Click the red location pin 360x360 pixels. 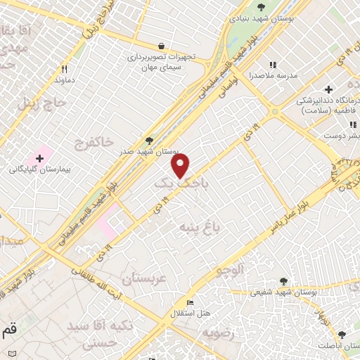click(x=181, y=166)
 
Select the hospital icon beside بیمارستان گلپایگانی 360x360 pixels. click(x=39, y=157)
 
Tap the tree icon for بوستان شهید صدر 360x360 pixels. click(x=148, y=140)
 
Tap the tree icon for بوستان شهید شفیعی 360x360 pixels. click(x=283, y=281)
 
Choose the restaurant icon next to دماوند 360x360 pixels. click(x=64, y=69)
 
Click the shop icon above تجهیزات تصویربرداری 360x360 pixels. click(x=162, y=44)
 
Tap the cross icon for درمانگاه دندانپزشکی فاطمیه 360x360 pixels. click(x=328, y=89)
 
